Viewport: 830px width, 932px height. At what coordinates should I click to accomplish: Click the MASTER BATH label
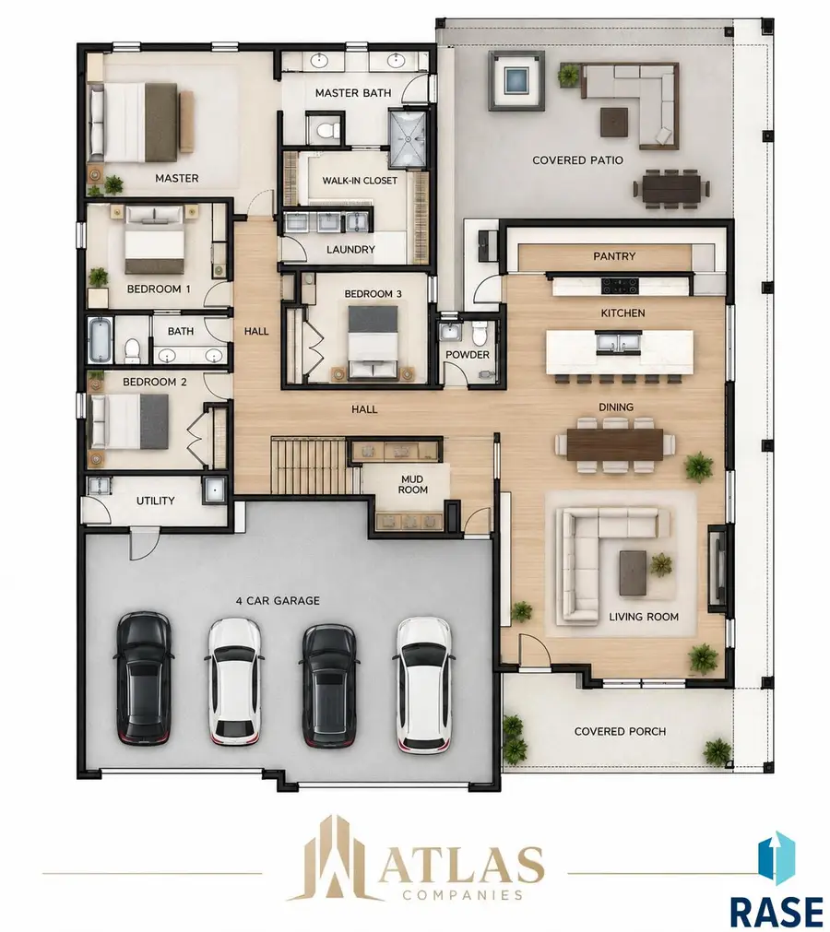coord(353,93)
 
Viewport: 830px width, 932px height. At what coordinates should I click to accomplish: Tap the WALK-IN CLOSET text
coord(360,181)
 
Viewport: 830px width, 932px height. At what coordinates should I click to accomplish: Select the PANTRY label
coord(614,256)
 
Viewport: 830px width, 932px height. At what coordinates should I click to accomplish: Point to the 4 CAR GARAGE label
coord(278,601)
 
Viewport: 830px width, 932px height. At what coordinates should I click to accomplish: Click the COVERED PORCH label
coord(620,732)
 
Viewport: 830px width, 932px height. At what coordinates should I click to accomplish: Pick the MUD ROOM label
coord(412,484)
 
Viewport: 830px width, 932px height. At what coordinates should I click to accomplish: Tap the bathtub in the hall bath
coord(100,340)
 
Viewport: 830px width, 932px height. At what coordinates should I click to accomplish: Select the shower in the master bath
coord(408,136)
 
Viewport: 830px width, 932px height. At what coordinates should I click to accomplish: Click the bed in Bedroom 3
coord(373,341)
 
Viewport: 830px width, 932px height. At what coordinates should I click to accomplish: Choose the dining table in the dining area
coord(615,444)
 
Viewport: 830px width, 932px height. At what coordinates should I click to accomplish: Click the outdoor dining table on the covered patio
coord(672,188)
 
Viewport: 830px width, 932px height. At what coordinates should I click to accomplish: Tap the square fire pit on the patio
coord(516,80)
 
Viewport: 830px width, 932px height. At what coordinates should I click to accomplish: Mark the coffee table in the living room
coord(633,572)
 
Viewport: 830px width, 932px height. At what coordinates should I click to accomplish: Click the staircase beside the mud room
coord(310,465)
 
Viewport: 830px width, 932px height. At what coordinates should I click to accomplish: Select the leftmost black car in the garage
coord(144,678)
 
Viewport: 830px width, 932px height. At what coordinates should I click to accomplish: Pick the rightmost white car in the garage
coord(423,684)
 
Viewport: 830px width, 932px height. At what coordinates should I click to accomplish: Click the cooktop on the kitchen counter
coord(620,286)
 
